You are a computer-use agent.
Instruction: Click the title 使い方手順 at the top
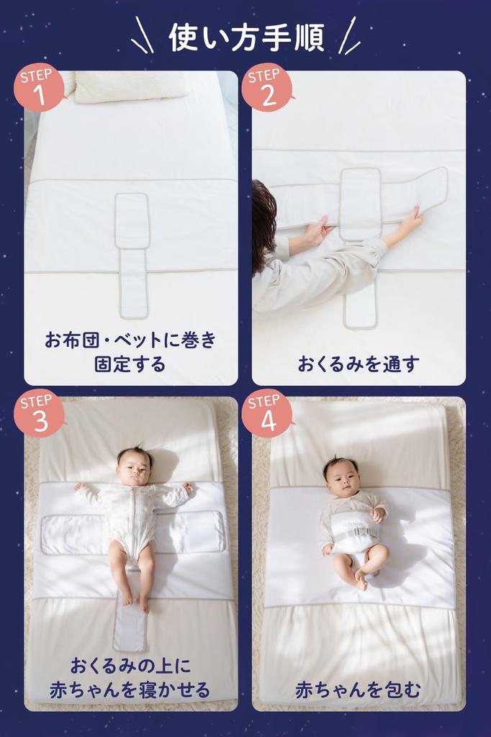246,36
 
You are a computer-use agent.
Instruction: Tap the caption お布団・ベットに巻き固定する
130,351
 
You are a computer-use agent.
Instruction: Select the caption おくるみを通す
358,363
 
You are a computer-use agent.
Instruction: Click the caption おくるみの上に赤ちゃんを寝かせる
130,677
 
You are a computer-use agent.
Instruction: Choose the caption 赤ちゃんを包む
358,689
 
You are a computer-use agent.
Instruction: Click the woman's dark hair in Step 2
263,223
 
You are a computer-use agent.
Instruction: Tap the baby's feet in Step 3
135,601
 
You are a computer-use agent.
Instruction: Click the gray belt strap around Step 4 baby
352,533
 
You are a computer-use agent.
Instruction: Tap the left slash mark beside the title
141,36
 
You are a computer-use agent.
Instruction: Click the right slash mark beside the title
350,36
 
